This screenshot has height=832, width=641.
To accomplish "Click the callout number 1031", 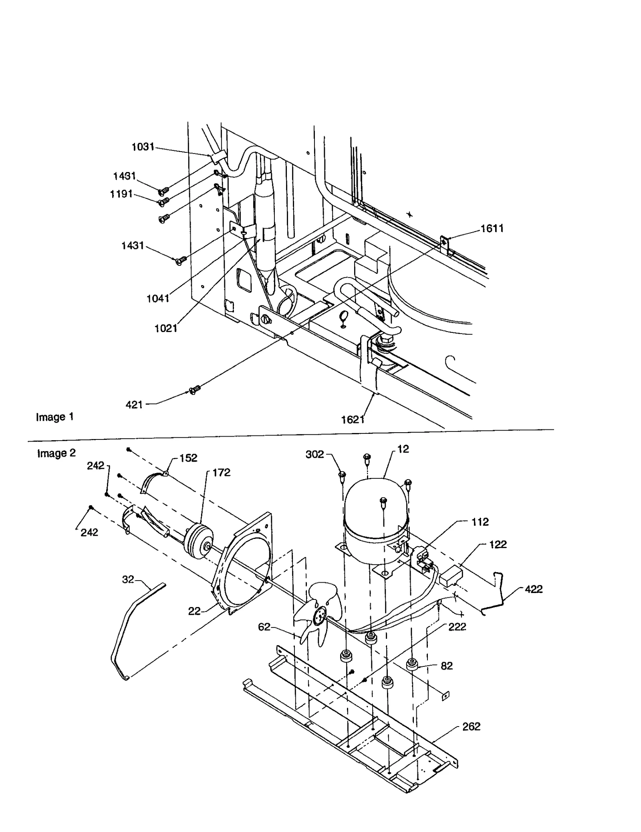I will click(143, 147).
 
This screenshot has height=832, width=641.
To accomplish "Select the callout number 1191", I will click(121, 194).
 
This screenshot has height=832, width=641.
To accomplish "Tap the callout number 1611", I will click(492, 229).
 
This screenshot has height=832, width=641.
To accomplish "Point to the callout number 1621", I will click(353, 419).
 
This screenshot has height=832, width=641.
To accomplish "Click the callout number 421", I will click(134, 405).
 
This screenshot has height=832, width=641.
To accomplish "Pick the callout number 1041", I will click(158, 298).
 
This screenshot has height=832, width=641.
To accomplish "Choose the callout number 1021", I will click(166, 328).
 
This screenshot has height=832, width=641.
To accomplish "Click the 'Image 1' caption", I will click(55, 417).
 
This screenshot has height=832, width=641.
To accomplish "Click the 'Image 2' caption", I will click(56, 453).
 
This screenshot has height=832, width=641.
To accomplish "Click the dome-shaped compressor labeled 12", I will click(376, 511).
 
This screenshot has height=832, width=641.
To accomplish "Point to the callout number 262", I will click(471, 727).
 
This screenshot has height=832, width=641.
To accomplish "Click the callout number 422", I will click(534, 589).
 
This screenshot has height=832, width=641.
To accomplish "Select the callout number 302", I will click(315, 455).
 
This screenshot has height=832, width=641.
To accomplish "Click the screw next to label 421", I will click(194, 389).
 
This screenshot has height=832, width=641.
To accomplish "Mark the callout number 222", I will click(457, 627).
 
